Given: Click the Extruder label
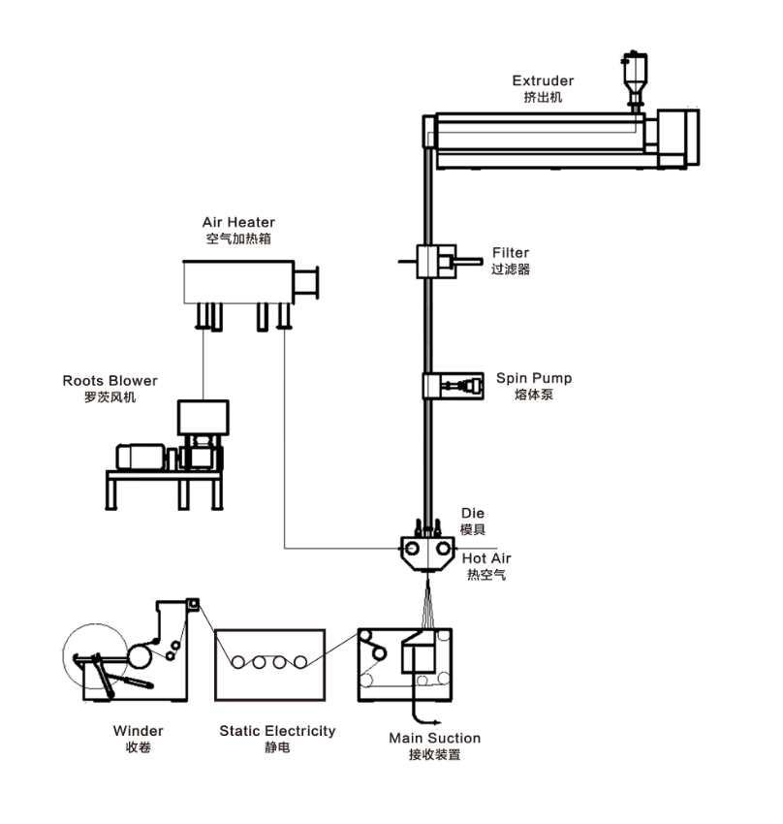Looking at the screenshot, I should point(543,80).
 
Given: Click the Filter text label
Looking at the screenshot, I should point(511,253).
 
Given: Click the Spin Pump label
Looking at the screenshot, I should point(533,378).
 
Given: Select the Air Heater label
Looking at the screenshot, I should point(238,222).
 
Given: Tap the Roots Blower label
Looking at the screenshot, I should point(110,381).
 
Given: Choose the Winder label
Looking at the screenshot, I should point(139,731).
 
